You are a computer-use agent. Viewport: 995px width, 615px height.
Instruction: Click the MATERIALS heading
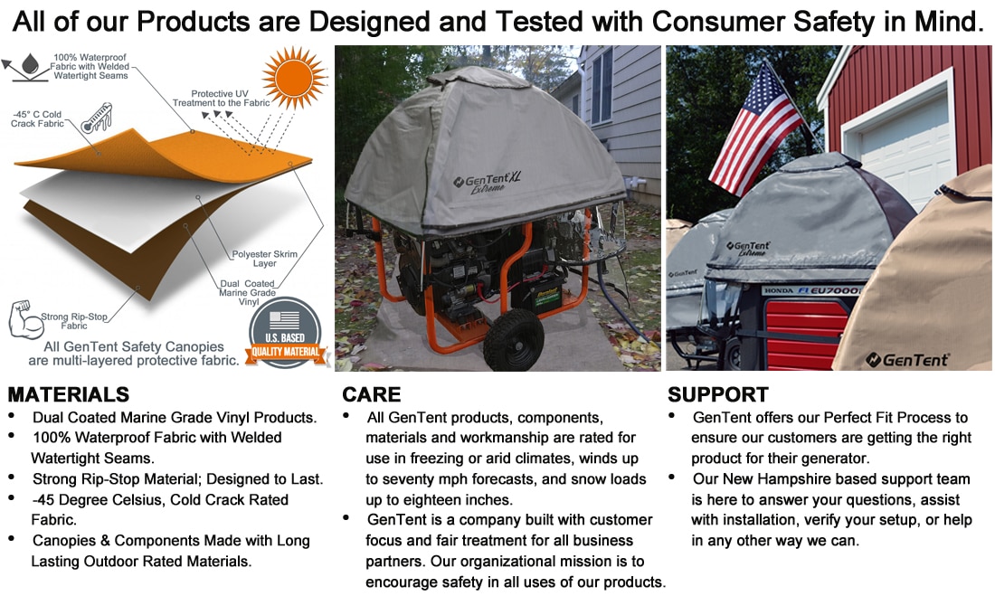click(x=69, y=394)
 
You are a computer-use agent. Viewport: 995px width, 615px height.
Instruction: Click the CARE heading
click(x=371, y=394)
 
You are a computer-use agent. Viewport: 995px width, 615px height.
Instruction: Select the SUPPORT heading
click(x=718, y=394)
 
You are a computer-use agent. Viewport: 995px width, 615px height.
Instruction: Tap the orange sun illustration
click(x=292, y=79)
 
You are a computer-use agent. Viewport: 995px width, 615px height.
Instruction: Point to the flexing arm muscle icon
click(x=24, y=322)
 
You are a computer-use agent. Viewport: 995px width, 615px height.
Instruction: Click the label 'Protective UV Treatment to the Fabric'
click(x=225, y=98)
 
